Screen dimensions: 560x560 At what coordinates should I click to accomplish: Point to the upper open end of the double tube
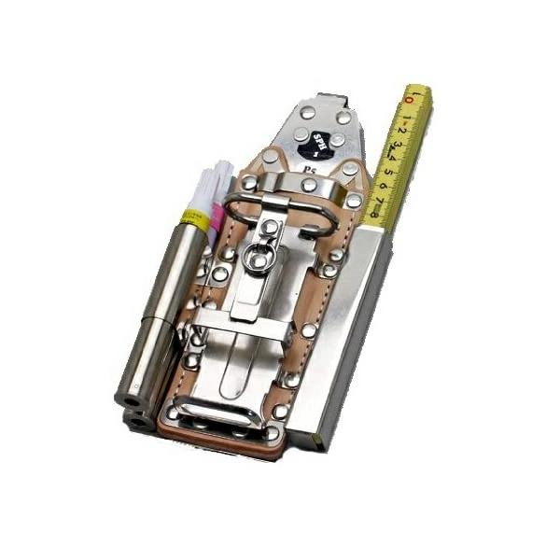129,399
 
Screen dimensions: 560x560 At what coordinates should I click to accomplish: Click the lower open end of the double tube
139,422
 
